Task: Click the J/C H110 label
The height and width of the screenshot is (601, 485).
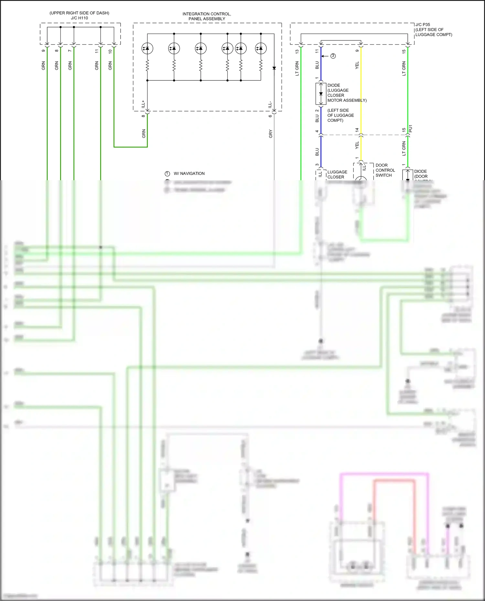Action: point(79,18)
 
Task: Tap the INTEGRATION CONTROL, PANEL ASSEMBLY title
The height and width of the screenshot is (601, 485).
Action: point(207,16)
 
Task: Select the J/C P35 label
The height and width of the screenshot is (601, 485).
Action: point(423,25)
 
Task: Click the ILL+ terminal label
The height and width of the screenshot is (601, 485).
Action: point(143,104)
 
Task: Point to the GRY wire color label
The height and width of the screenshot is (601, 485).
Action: point(271,134)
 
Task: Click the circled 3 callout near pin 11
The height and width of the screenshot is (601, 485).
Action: point(333,56)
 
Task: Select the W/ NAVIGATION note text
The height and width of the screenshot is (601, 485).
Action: point(189,173)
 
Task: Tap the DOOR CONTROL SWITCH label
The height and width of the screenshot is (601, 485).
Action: point(385,170)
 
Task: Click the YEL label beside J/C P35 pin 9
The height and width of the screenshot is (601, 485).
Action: point(357,65)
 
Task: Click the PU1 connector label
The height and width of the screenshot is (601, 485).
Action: point(411,129)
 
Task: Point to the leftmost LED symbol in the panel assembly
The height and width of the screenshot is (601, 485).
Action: point(147,48)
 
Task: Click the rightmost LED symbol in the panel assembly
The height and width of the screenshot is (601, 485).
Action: point(261,48)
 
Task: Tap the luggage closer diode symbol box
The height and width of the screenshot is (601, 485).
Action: point(321,94)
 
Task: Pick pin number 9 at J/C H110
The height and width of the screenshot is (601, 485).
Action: point(43,51)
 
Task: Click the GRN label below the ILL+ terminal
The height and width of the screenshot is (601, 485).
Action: point(144,133)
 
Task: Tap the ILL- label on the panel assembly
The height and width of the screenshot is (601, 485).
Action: point(270,105)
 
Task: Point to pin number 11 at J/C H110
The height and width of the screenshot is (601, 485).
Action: point(97,51)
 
